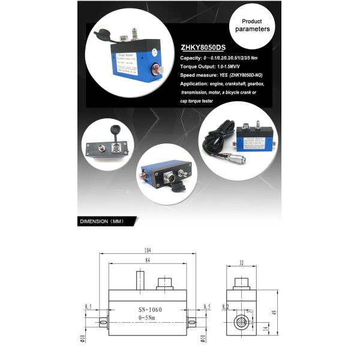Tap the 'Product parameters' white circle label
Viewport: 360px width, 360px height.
coord(252,25)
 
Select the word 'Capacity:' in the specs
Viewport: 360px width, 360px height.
coord(193,58)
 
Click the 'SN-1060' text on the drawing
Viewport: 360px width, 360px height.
coord(146,310)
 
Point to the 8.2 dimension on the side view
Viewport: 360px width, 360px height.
coord(226,307)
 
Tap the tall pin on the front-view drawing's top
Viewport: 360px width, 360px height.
coord(140,280)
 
